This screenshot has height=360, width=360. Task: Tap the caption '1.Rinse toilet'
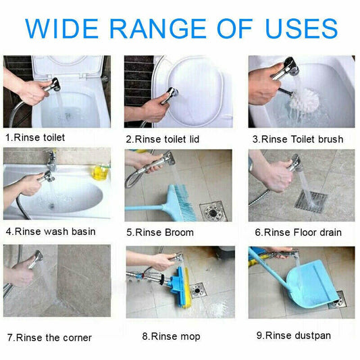[x=36, y=138]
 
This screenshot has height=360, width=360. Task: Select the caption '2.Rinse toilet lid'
[x=162, y=139]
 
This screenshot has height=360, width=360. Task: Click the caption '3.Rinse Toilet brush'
[x=297, y=139]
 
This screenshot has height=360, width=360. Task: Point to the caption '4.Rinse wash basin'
[x=51, y=232]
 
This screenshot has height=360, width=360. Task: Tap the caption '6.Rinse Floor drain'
[x=298, y=232]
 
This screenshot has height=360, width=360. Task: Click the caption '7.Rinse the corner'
[x=49, y=337]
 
